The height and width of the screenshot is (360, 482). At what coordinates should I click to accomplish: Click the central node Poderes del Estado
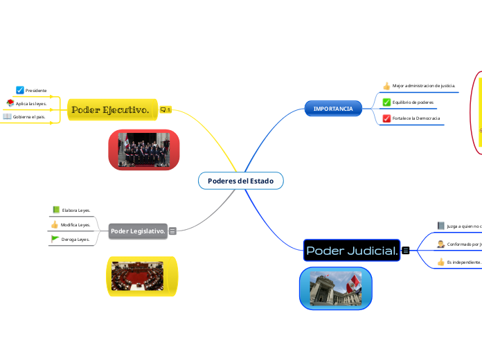click(x=240, y=181)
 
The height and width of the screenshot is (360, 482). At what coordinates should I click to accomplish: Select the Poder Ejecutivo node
click(x=110, y=109)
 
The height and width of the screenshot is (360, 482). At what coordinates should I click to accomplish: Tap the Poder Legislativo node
click(x=138, y=231)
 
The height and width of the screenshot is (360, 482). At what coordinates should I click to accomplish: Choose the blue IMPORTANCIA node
click(x=333, y=109)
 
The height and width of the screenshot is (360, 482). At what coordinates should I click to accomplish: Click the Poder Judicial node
click(x=352, y=250)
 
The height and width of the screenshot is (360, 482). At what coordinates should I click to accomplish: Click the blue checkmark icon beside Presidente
click(x=20, y=90)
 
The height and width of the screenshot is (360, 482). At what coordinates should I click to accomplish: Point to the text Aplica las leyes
click(x=31, y=104)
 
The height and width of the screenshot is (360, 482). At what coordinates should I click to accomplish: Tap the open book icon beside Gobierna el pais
click(x=8, y=117)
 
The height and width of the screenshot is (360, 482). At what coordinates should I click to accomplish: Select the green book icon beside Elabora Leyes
click(x=55, y=209)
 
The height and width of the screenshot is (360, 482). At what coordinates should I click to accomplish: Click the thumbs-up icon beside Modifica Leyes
click(x=55, y=224)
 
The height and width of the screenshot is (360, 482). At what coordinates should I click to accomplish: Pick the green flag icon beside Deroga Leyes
click(x=55, y=239)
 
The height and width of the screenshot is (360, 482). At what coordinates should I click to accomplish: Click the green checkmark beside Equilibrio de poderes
click(x=386, y=102)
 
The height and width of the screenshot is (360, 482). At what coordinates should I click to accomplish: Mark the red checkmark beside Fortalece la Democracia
click(x=386, y=118)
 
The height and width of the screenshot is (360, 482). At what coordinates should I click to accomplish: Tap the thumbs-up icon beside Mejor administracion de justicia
click(x=386, y=86)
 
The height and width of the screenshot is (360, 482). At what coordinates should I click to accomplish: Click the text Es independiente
click(x=463, y=262)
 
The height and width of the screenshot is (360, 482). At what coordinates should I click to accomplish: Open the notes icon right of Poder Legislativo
click(x=172, y=231)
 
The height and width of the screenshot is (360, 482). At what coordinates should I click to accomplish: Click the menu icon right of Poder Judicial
click(x=405, y=250)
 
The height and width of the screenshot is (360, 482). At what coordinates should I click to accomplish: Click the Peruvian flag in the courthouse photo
click(x=354, y=282)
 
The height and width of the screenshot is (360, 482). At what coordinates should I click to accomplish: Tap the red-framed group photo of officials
click(x=144, y=150)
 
